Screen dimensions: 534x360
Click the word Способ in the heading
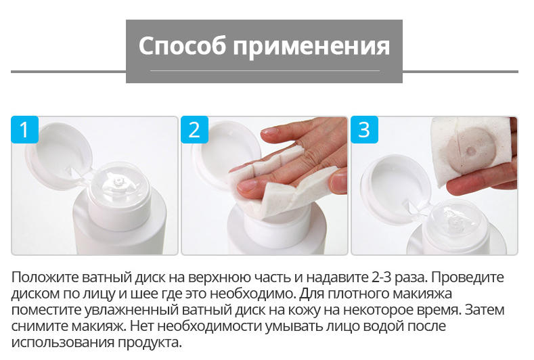[x=182, y=46]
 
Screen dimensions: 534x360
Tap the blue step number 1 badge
[x=24, y=129]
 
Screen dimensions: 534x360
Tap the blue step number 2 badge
[x=194, y=129]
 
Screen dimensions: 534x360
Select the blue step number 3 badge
[x=364, y=129]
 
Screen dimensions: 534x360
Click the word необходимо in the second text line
[x=251, y=294]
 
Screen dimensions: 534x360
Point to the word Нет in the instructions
[x=141, y=326]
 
